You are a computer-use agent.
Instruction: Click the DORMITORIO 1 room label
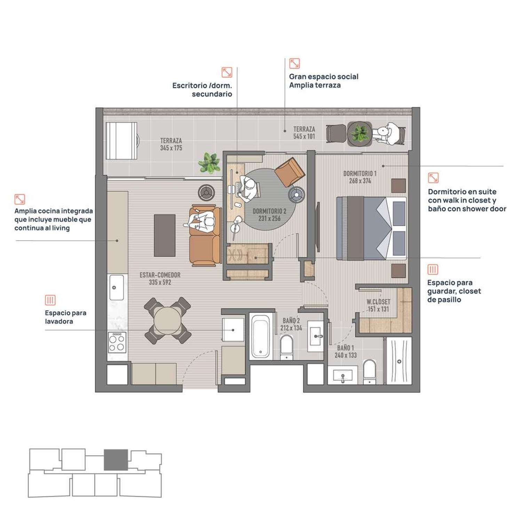(360, 173)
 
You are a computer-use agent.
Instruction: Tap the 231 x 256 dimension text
(269, 219)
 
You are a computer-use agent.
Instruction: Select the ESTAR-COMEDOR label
(160, 275)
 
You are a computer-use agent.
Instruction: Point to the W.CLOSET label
(378, 302)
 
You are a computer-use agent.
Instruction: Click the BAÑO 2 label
(291, 321)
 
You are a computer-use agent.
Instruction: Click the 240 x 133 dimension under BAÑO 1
(346, 355)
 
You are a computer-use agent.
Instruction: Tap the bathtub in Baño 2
(261, 336)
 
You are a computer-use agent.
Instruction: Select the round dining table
(167, 321)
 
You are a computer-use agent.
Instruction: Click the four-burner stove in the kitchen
(117, 342)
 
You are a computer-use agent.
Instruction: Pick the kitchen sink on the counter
(117, 287)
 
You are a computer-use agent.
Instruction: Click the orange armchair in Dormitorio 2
(290, 172)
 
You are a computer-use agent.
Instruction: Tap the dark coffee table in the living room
(165, 236)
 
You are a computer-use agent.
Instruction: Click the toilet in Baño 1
(370, 371)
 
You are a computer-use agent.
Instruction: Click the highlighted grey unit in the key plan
(116, 460)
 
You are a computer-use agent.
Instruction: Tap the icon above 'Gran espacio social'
(294, 63)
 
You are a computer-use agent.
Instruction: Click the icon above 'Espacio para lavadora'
(50, 300)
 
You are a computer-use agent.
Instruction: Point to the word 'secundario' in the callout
(212, 94)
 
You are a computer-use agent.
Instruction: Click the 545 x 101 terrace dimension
(304, 136)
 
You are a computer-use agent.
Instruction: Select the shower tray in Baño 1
(399, 361)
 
